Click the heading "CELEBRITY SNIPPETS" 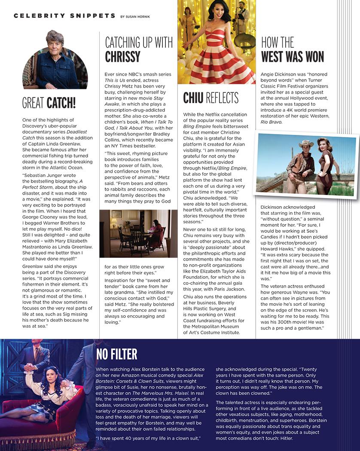click(x=64, y=16)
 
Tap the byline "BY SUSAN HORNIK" click(x=138, y=17)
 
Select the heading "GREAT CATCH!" click(x=49, y=103)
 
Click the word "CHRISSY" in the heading click(x=123, y=57)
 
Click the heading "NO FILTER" click(x=117, y=354)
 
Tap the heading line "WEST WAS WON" click(x=293, y=57)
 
